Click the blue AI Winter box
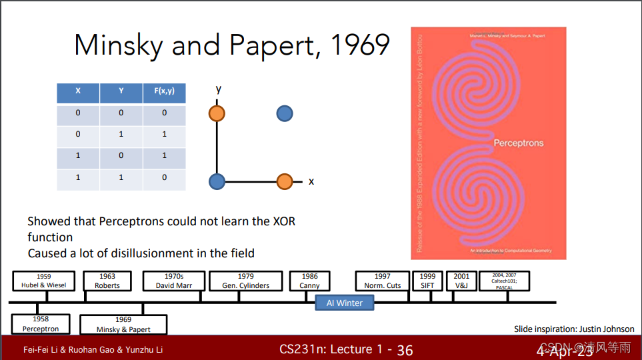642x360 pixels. tap(345, 303)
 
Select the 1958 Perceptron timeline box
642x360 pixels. tap(41, 324)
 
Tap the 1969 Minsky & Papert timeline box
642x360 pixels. tap(123, 325)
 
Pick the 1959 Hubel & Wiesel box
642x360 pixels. tap(44, 281)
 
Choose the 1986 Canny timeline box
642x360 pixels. tap(309, 281)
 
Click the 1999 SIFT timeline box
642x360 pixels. tap(427, 281)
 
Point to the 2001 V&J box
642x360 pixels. tap(461, 281)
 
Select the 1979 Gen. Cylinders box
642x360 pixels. tap(245, 281)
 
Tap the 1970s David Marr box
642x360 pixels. tap(174, 281)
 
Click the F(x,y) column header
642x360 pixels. tap(164, 91)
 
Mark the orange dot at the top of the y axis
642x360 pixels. tap(217, 114)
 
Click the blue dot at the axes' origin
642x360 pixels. tap(217, 181)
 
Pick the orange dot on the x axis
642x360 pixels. tap(285, 181)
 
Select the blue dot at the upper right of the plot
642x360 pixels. tap(285, 114)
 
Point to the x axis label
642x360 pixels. tap(311, 181)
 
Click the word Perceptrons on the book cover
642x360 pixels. tap(519, 143)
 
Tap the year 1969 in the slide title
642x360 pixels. tap(360, 45)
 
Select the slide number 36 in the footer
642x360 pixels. tap(405, 350)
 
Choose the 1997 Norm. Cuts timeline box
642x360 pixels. tap(383, 281)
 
